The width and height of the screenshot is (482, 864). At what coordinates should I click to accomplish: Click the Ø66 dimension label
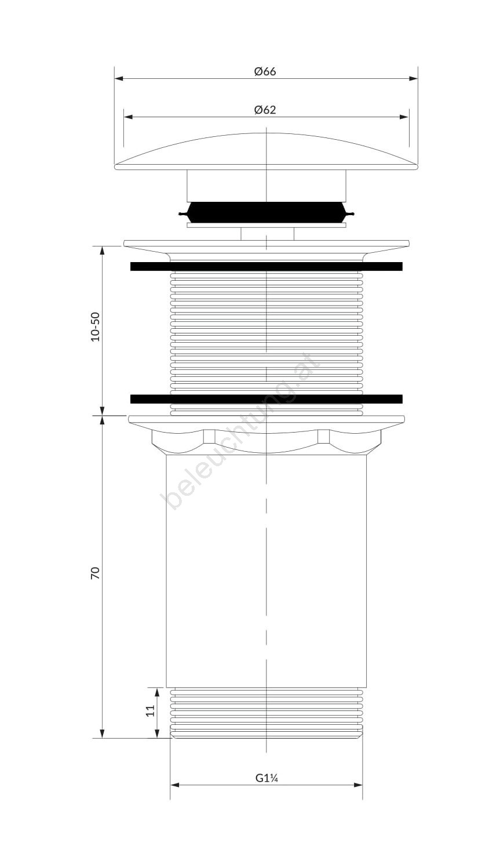[x=265, y=71]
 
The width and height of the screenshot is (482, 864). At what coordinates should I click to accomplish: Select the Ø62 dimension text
[x=265, y=110]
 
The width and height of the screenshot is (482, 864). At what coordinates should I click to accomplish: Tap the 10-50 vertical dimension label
[x=95, y=326]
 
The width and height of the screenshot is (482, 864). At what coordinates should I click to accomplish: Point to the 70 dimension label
[x=95, y=572]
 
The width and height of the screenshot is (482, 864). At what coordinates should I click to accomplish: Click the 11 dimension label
[x=150, y=710]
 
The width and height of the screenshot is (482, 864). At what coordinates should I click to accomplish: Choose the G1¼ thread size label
[x=266, y=778]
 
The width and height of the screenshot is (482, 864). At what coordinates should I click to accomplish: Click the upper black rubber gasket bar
[x=266, y=267]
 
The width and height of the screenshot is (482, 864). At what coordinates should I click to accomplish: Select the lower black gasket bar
[x=266, y=399]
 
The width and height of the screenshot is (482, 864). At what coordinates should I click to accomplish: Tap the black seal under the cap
[x=266, y=213]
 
